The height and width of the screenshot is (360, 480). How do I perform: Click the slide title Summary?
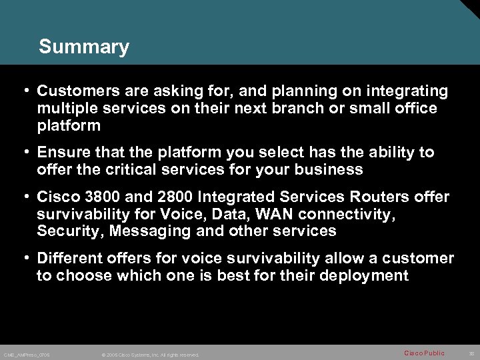[84, 47]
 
